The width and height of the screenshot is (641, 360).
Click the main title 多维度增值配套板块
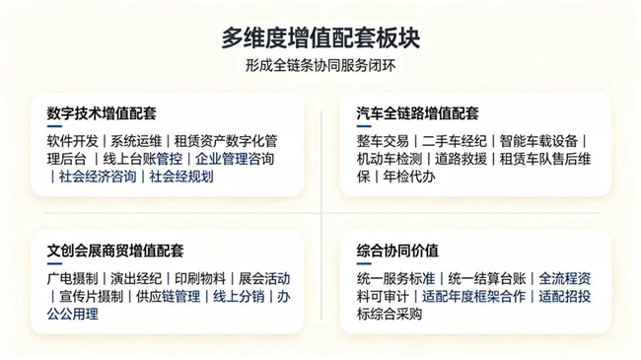tap(320, 38)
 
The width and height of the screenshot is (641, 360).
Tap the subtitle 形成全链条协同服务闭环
tap(320, 65)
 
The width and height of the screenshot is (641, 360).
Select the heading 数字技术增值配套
tap(102, 113)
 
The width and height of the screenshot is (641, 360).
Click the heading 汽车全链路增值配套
tap(418, 113)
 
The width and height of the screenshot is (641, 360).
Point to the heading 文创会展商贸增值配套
tap(115, 251)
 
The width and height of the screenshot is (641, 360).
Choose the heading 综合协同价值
tap(397, 251)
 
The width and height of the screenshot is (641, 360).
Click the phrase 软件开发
tap(72, 141)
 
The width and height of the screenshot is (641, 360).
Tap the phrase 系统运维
tap(136, 141)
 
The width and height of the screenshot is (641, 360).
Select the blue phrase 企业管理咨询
tap(235, 159)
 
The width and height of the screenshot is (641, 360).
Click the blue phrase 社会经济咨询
tap(98, 177)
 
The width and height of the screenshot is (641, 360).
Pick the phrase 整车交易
tap(383, 141)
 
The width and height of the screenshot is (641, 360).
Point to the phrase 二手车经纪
tap(455, 141)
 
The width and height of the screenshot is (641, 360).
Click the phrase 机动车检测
tap(390, 159)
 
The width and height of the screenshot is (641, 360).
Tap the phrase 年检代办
tap(409, 177)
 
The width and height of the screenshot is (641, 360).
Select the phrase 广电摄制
tap(72, 278)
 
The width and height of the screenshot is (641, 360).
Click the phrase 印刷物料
tap(200, 278)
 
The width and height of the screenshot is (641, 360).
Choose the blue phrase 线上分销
tap(239, 296)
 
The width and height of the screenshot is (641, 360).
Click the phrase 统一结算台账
tap(487, 278)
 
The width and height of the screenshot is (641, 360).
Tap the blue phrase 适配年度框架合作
tap(473, 296)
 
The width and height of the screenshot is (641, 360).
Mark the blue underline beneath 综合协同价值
tap(364, 264)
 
